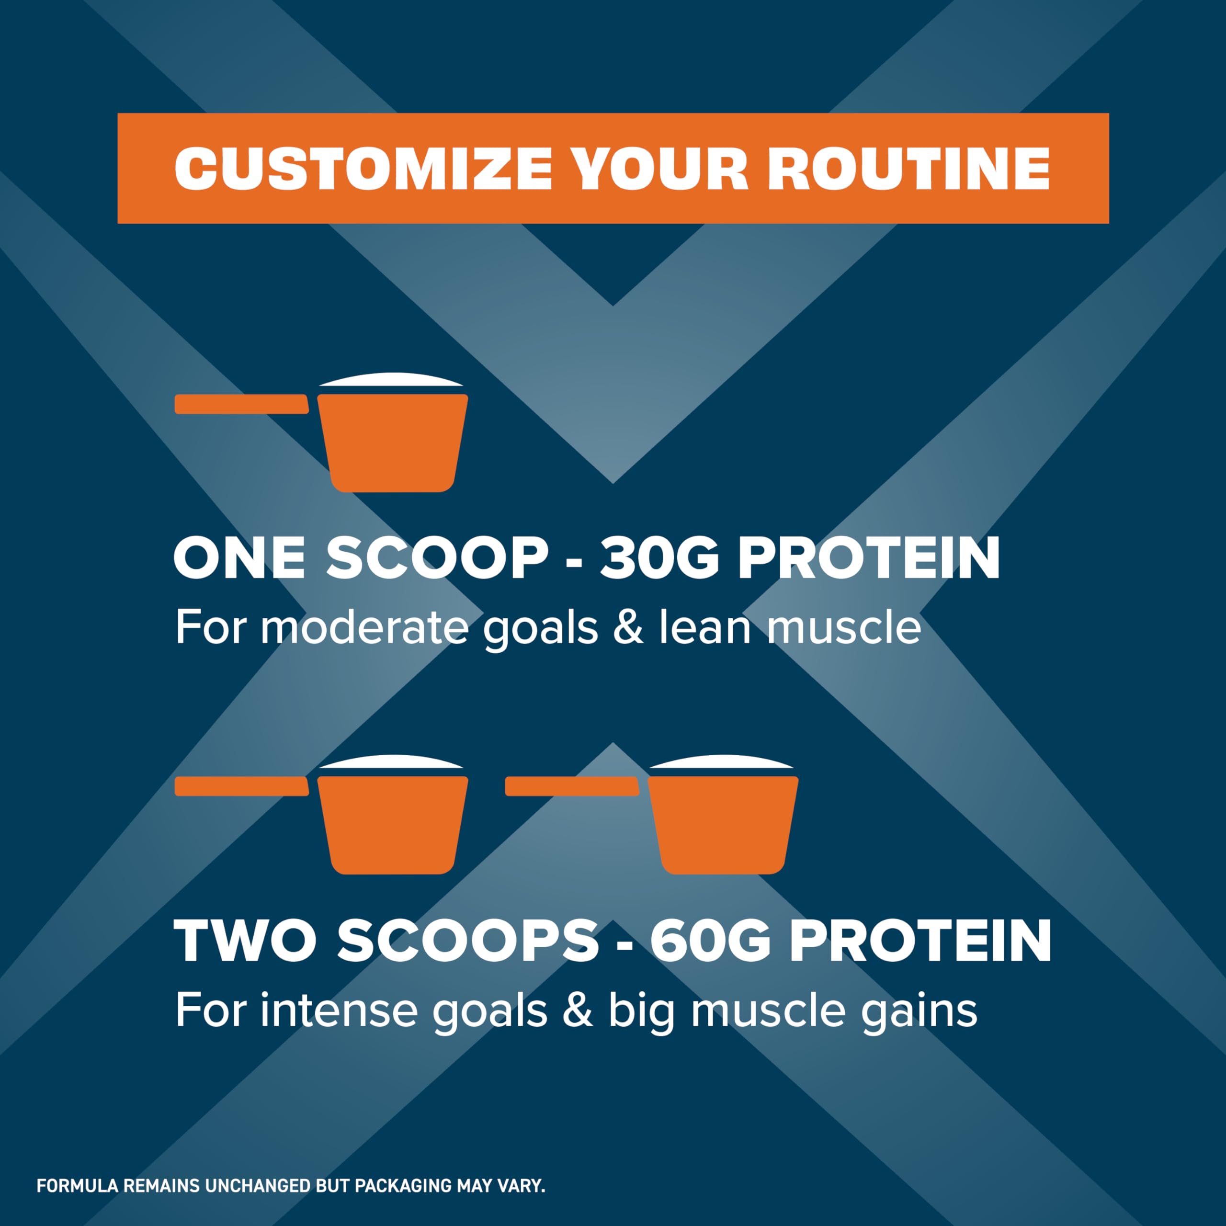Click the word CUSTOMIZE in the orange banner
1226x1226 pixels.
point(363,169)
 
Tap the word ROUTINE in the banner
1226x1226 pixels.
point(908,169)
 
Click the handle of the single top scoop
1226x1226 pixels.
point(242,404)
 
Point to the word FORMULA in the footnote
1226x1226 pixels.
point(78,1185)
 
